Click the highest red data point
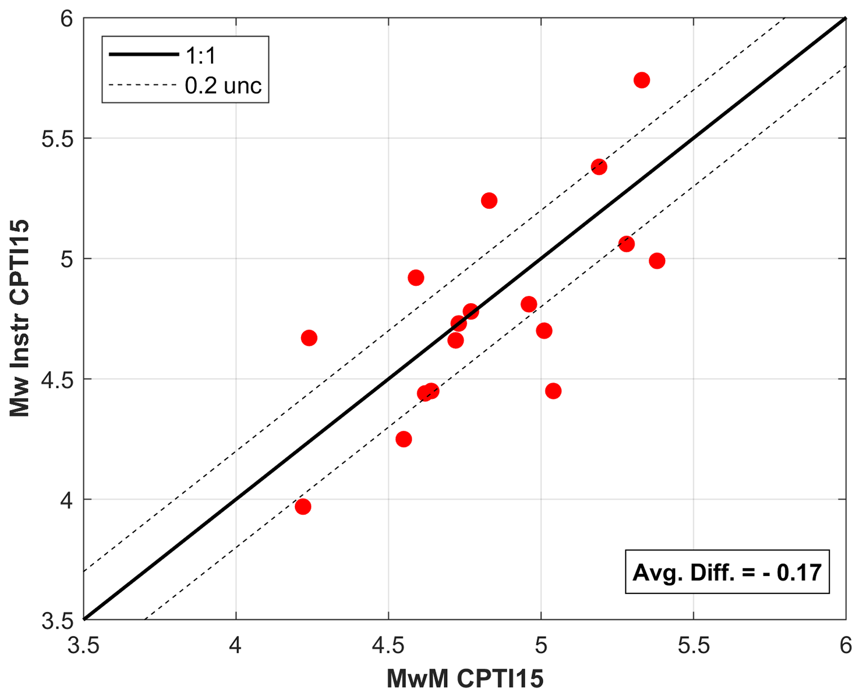click(641, 80)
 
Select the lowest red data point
click(303, 506)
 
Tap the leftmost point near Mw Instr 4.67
click(309, 338)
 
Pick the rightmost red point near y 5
click(657, 261)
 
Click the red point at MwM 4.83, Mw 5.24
click(489, 200)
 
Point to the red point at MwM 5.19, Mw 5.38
click(599, 167)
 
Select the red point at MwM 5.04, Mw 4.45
click(553, 391)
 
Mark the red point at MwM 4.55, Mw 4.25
click(404, 439)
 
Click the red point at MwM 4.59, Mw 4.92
click(416, 278)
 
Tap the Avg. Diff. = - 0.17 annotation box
click(727, 572)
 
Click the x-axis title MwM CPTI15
click(465, 678)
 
